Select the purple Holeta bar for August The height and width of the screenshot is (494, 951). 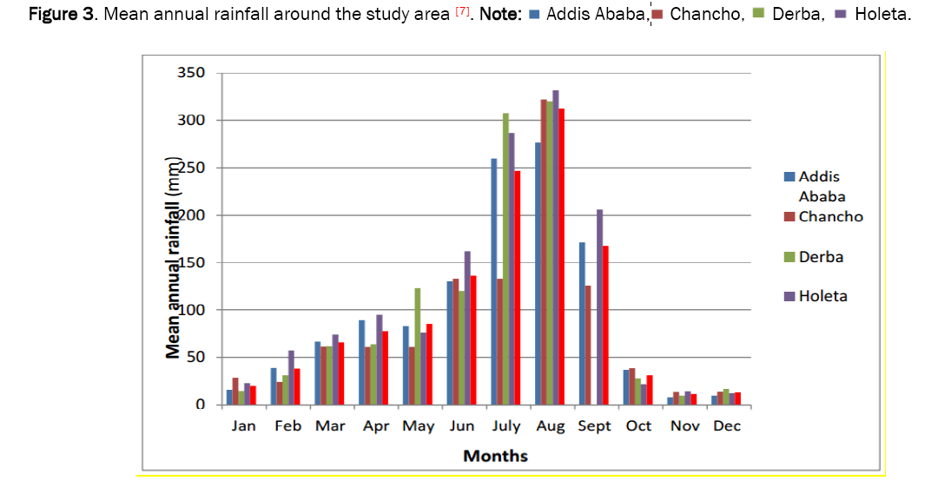click(x=555, y=247)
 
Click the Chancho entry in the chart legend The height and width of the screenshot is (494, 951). click(x=830, y=216)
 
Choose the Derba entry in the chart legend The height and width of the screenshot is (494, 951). click(x=821, y=257)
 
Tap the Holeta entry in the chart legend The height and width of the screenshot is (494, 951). click(x=822, y=296)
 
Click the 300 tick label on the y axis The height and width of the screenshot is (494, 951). click(x=193, y=120)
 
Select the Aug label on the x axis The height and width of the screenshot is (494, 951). click(x=550, y=426)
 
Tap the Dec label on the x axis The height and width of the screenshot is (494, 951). click(x=726, y=426)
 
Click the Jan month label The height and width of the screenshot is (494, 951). click(x=243, y=426)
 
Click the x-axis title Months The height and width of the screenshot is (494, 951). click(x=495, y=455)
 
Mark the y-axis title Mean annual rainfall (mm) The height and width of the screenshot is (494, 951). click(x=175, y=259)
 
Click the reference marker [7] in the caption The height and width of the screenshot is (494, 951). click(x=463, y=13)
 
